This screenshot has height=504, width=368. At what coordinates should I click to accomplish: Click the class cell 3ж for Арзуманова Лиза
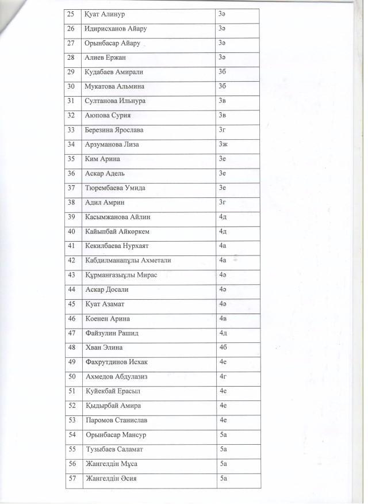pyautogui.click(x=224, y=144)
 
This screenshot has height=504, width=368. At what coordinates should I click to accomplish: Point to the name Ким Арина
pyautogui.click(x=103, y=159)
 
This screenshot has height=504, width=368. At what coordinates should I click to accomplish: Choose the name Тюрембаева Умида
pyautogui.click(x=119, y=188)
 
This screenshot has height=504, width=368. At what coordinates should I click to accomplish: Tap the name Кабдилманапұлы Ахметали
pyautogui.click(x=128, y=260)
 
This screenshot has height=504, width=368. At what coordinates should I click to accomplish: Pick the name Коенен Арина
pyautogui.click(x=108, y=318)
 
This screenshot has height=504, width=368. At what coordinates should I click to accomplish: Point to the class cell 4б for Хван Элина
pyautogui.click(x=224, y=348)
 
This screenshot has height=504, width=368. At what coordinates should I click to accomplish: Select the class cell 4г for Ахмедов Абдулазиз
pyautogui.click(x=223, y=376)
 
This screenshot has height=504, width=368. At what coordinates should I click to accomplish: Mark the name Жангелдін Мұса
pyautogui.click(x=111, y=464)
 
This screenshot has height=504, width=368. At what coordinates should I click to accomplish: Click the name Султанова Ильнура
pyautogui.click(x=115, y=101)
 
